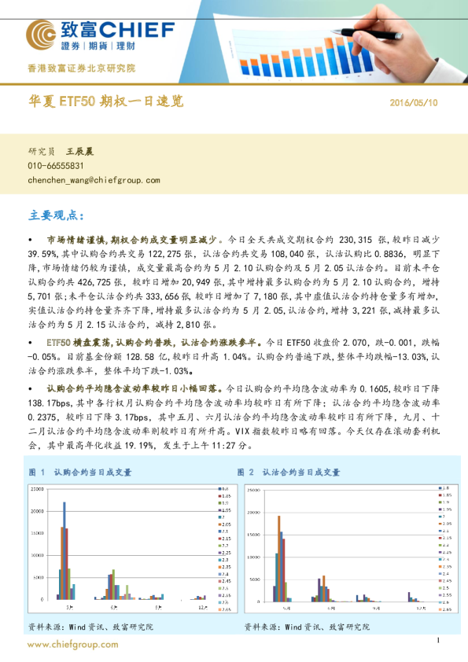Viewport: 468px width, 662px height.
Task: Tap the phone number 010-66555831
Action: pyautogui.click(x=56, y=166)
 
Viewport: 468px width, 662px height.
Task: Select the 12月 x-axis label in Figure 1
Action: pyautogui.click(x=203, y=607)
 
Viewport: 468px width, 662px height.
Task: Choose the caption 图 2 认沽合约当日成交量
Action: pyautogui.click(x=289, y=473)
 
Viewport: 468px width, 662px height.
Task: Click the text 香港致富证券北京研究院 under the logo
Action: pyautogui.click(x=82, y=68)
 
